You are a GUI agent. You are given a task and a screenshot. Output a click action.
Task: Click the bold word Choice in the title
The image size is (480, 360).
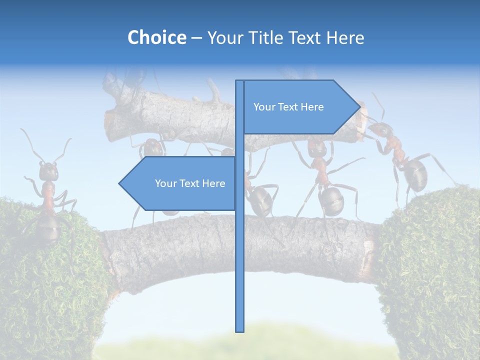pyautogui.click(x=156, y=37)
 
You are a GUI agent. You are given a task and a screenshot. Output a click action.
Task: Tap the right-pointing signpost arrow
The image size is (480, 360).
pyautogui.click(x=300, y=107)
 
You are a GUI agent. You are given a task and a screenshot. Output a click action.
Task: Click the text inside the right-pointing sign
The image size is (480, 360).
pyautogui.click(x=288, y=107)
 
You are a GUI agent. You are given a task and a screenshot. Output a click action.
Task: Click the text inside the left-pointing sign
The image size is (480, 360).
pyautogui.click(x=190, y=183)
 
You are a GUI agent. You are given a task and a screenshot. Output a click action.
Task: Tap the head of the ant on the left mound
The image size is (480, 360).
pyautogui.click(x=48, y=171)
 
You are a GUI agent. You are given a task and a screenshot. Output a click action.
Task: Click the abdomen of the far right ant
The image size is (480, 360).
pyautogui.click(x=414, y=172)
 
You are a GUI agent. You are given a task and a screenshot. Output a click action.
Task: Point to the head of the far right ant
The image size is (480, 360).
pyautogui.click(x=381, y=131)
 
